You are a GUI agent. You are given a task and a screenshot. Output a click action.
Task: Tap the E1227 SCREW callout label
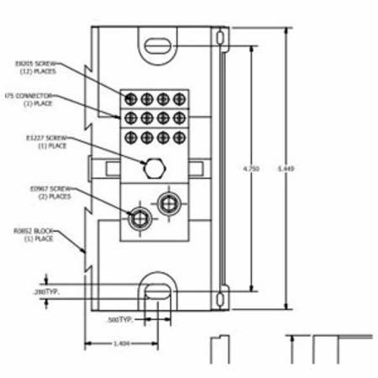coord(34,141)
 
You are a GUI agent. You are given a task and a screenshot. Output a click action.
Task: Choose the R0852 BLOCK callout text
coord(33,233)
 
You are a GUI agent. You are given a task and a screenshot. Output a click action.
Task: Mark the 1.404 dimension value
coord(121,344)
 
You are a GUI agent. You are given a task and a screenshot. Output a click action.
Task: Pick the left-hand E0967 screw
coord(138,219)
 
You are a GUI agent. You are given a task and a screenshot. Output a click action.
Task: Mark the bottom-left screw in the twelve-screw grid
coord(131,135)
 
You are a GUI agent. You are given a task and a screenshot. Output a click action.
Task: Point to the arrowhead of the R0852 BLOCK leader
coord(86,250)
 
